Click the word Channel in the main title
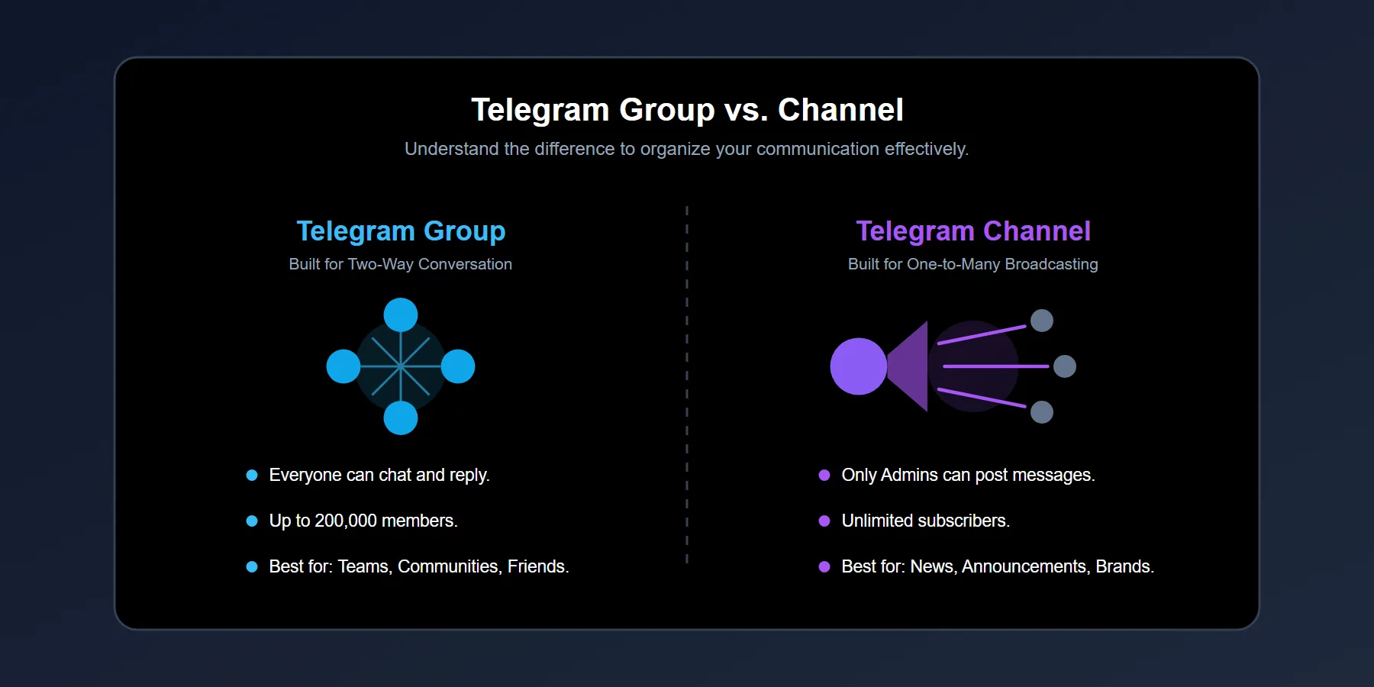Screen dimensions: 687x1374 pyautogui.click(x=840, y=110)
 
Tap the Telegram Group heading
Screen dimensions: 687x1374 pyautogui.click(x=401, y=231)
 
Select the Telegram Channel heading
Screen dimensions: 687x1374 pyautogui.click(x=973, y=231)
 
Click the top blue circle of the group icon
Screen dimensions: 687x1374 pyautogui.click(x=401, y=314)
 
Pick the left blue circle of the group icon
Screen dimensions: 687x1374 pyautogui.click(x=343, y=366)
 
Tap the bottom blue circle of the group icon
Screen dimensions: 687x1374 pyautogui.click(x=401, y=418)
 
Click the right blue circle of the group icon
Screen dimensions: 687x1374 pyautogui.click(x=458, y=366)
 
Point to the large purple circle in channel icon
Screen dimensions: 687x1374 pyautogui.click(x=858, y=366)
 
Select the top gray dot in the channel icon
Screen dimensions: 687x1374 pyautogui.click(x=1042, y=321)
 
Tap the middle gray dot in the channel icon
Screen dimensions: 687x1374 pyautogui.click(x=1065, y=366)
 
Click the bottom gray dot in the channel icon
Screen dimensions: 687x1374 pyautogui.click(x=1042, y=412)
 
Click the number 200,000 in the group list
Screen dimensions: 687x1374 pyautogui.click(x=346, y=521)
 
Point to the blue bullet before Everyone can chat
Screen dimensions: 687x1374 pyautogui.click(x=252, y=475)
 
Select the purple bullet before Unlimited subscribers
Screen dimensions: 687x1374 pyautogui.click(x=824, y=521)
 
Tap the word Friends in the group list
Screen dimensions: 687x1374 pyautogui.click(x=537, y=566)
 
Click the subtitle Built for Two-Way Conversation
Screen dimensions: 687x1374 pyautogui.click(x=401, y=264)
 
